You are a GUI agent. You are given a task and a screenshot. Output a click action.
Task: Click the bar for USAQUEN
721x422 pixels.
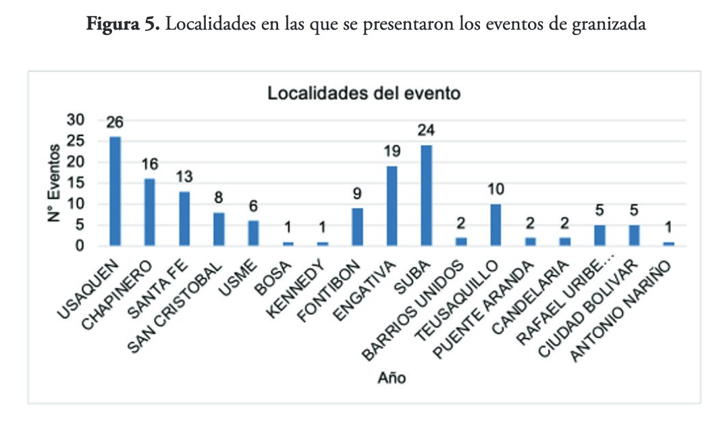pyautogui.click(x=115, y=191)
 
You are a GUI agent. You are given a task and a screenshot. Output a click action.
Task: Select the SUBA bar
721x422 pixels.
pyautogui.click(x=426, y=195)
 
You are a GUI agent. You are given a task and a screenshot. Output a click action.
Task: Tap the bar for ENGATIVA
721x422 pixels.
pyautogui.click(x=392, y=206)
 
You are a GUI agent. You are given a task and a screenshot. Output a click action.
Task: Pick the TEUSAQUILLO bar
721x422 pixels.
pyautogui.click(x=496, y=224)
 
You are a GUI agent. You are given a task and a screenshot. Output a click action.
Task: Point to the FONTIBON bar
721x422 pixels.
pyautogui.click(x=357, y=227)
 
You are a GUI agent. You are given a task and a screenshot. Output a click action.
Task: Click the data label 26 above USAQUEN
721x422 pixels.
pyautogui.click(x=115, y=124)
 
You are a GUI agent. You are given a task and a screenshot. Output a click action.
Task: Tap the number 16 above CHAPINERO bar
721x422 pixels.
pyautogui.click(x=150, y=165)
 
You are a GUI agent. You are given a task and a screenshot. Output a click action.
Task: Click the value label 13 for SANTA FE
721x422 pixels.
pyautogui.click(x=184, y=178)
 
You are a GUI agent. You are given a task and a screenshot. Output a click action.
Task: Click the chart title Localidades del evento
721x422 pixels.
pyautogui.click(x=364, y=93)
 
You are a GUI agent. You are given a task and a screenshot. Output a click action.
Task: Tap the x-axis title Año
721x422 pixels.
pyautogui.click(x=392, y=378)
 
